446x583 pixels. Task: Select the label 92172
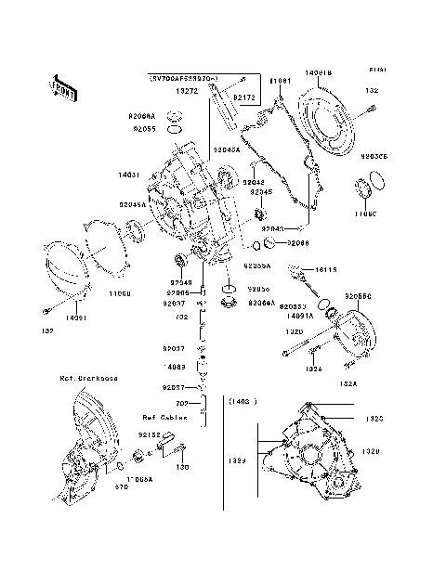click(244, 97)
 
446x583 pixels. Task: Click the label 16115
click(325, 270)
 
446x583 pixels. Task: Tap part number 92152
click(151, 434)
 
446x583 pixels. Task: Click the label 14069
click(175, 367)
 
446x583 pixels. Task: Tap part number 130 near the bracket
click(183, 466)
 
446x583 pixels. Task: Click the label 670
click(121, 486)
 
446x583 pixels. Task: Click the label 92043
click(272, 227)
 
